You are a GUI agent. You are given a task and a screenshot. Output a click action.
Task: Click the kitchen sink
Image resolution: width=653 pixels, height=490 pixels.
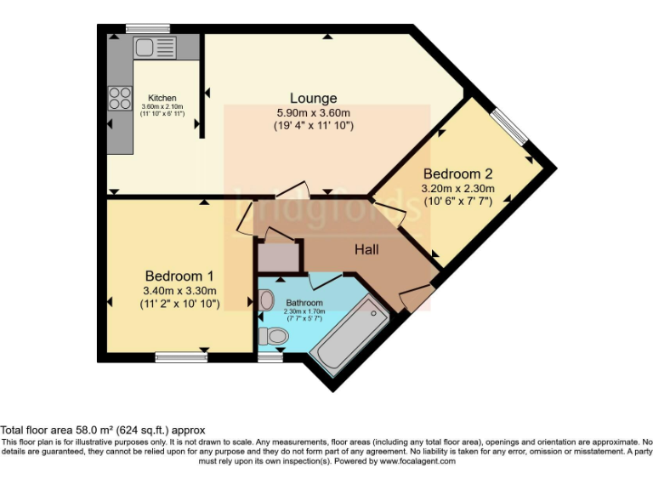pyautogui.click(x=154, y=47)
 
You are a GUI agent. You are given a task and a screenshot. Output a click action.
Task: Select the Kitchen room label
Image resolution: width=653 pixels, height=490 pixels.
pyautogui.click(x=162, y=97)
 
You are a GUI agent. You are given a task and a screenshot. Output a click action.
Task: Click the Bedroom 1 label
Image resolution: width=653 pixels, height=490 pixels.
pyautogui.click(x=179, y=276)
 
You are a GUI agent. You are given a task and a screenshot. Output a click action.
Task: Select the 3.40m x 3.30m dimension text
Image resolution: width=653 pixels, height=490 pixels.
pyautogui.click(x=180, y=291)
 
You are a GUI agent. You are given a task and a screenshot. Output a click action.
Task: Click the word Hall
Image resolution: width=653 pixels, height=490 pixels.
pyautogui.click(x=367, y=249)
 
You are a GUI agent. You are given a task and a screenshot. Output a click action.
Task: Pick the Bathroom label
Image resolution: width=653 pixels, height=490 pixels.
pyautogui.click(x=304, y=303)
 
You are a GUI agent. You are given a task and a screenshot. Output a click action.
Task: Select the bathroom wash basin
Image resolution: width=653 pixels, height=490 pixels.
pyautogui.click(x=266, y=299)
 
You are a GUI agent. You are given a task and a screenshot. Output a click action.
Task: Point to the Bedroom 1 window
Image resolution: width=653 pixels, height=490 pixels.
pyautogui.click(x=181, y=357)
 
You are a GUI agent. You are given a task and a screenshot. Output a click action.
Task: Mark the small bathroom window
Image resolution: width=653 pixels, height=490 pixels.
pyautogui.click(x=270, y=357)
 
